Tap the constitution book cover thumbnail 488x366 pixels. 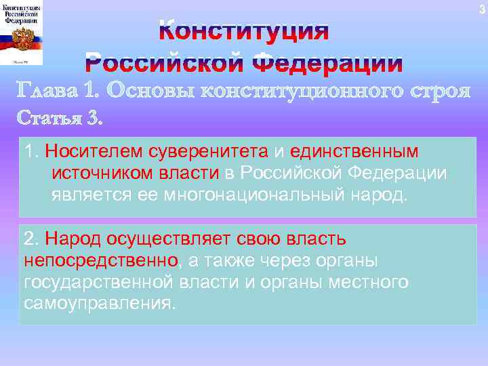[x=22, y=34]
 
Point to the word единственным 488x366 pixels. [x=354, y=152]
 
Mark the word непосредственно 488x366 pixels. [x=101, y=260]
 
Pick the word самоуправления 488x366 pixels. [x=98, y=302]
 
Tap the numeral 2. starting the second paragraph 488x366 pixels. [x=31, y=239]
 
